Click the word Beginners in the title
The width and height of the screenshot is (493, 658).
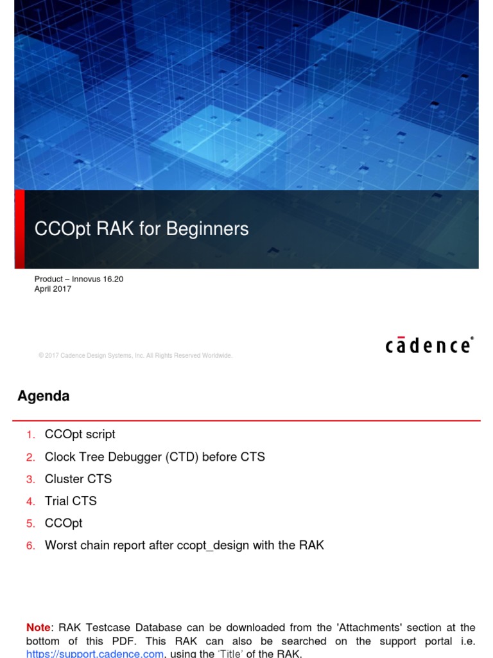[207, 229]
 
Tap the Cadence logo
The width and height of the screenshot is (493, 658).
[429, 345]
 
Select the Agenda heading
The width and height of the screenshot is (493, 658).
[44, 396]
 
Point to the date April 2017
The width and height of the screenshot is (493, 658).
[53, 289]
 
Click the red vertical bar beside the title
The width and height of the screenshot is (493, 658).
[19, 229]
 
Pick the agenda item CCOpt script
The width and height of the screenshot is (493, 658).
[80, 434]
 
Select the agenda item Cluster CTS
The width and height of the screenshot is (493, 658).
[78, 479]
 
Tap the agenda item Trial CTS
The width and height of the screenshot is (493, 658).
[71, 501]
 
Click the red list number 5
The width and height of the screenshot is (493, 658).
[31, 523]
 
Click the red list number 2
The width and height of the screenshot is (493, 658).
[31, 457]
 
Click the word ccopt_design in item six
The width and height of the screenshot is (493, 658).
[225, 545]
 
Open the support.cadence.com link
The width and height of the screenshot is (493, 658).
[95, 654]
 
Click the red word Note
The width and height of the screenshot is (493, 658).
[39, 627]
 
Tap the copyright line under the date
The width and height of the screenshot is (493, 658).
[135, 355]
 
